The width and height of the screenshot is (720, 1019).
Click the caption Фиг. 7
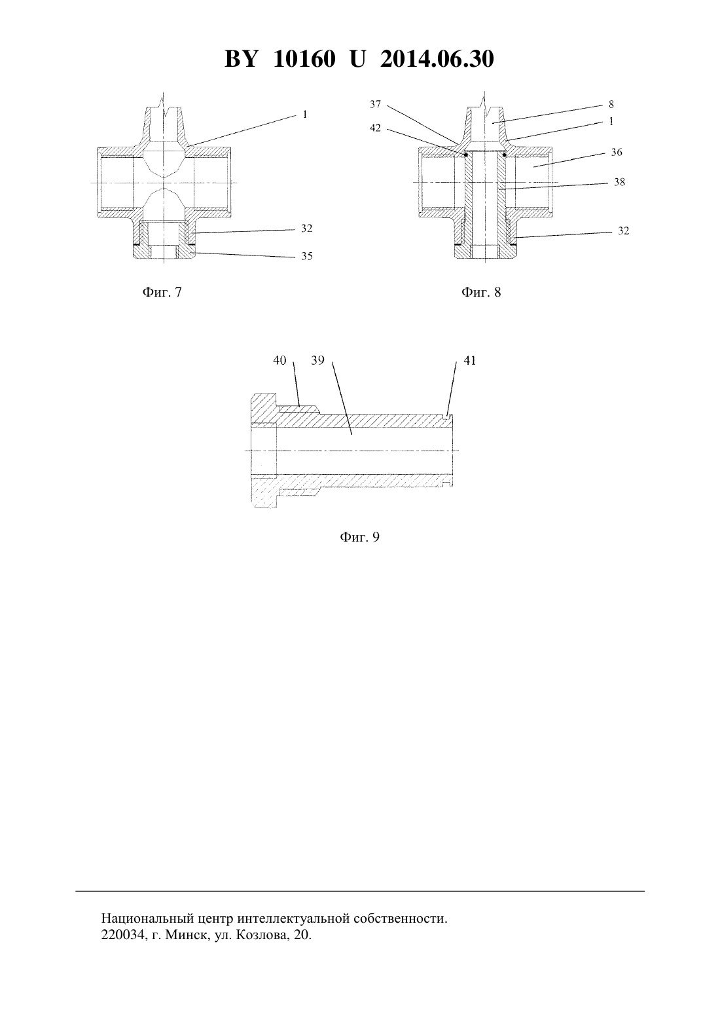[162, 292]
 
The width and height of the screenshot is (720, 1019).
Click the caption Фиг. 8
[481, 292]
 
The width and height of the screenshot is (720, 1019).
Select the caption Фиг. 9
[359, 537]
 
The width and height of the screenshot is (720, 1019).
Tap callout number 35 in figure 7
[307, 257]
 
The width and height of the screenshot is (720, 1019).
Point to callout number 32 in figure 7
[307, 229]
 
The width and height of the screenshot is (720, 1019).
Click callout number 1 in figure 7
[305, 115]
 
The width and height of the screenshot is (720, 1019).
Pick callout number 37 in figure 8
[375, 105]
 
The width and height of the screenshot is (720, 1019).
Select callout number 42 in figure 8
[375, 128]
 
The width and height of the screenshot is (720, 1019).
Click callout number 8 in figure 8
[611, 105]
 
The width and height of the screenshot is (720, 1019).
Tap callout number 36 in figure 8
[617, 153]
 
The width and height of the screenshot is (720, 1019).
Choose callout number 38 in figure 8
[619, 183]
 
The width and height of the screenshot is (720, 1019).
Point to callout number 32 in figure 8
[624, 231]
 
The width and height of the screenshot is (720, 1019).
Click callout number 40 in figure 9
[279, 361]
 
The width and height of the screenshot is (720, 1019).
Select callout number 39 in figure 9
[317, 361]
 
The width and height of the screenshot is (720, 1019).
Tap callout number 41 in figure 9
[469, 361]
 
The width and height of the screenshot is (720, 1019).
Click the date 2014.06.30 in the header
[437, 59]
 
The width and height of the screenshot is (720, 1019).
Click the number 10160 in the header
[304, 59]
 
